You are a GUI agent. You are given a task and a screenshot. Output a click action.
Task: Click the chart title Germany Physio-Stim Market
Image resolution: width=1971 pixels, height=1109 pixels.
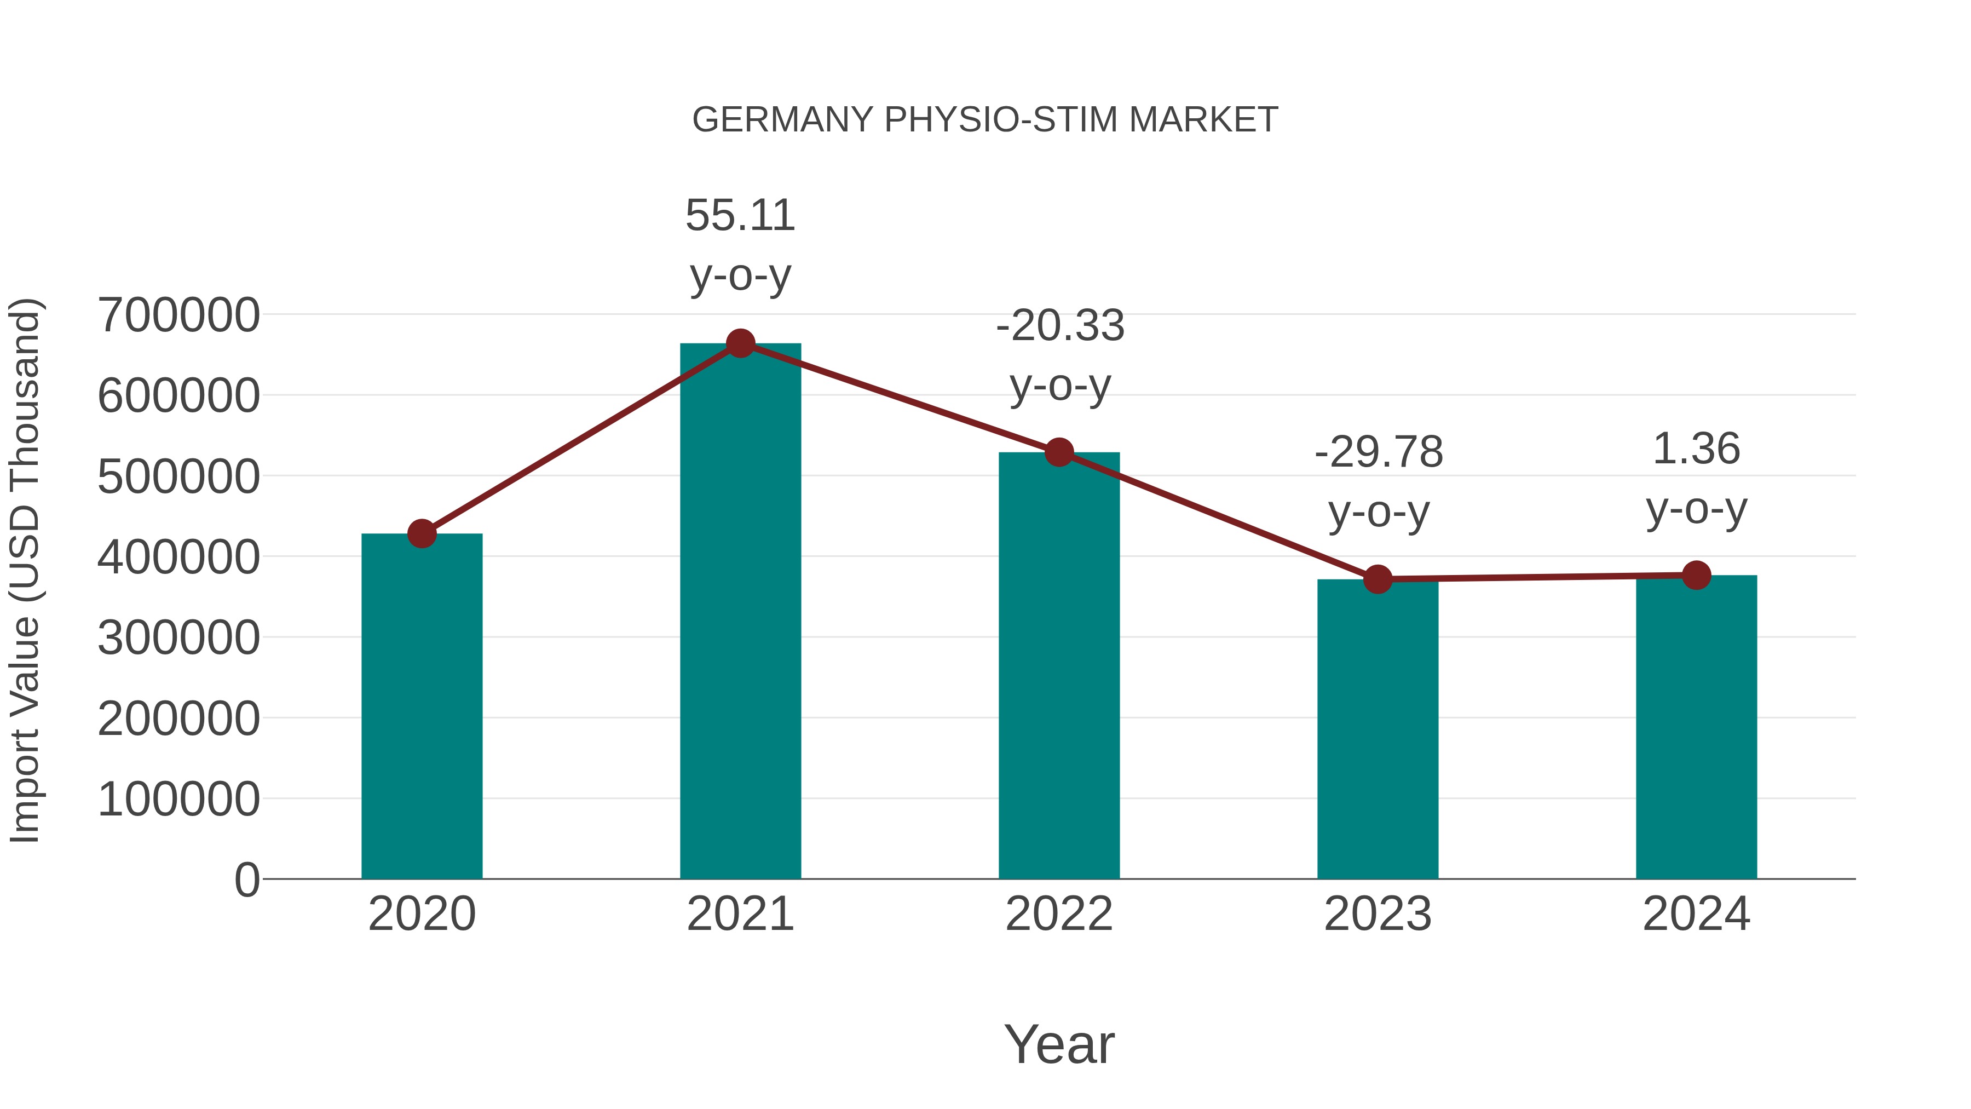tap(985, 120)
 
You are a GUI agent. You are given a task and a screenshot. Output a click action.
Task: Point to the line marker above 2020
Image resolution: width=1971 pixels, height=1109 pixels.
tap(422, 533)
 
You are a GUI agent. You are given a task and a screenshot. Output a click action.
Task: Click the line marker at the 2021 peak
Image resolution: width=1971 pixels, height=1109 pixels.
tap(740, 343)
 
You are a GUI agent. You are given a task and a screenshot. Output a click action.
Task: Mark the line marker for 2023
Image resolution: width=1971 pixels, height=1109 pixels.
tap(1378, 579)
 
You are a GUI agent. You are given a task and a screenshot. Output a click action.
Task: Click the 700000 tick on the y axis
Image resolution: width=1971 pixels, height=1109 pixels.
tap(178, 315)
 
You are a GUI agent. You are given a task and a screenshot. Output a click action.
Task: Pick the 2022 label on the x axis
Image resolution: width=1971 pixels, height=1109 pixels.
tap(1059, 914)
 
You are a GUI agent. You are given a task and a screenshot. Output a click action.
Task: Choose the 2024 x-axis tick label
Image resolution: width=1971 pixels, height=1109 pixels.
tap(1696, 914)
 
